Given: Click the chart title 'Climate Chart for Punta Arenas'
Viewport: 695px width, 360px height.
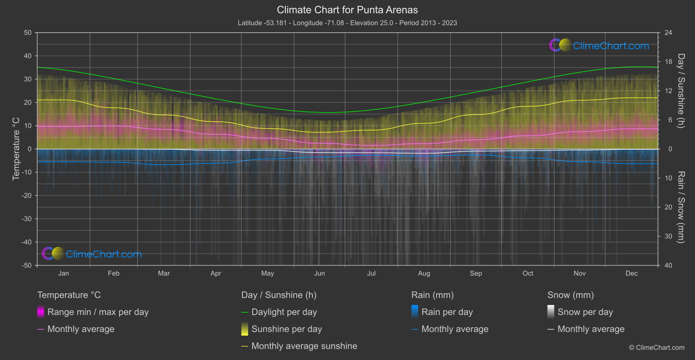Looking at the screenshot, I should tap(347, 10).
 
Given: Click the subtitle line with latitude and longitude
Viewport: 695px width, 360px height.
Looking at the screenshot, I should tap(347, 23).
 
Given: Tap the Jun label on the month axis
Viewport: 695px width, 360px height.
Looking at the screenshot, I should tap(319, 274).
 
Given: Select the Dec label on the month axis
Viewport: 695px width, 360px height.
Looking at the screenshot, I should tap(631, 274).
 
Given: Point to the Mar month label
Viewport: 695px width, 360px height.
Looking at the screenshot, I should tap(164, 274).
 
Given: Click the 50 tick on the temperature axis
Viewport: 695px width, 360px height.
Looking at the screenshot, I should tap(28, 33).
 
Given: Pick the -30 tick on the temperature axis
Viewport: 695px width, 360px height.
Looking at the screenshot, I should tap(27, 219).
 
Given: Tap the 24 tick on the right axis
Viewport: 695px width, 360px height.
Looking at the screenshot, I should tap(668, 33).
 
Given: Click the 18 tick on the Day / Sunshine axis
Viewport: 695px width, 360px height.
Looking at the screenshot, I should tap(668, 62).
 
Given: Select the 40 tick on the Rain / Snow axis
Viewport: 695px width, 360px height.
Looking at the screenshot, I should tap(668, 265).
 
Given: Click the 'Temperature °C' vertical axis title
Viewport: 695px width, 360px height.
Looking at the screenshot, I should tap(16, 149).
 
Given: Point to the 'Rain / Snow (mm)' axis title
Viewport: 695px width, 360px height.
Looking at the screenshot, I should tap(681, 207).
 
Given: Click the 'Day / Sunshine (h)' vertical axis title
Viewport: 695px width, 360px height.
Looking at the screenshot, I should tap(681, 91).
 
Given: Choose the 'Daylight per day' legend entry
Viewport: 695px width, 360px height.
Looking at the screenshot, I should tap(284, 312).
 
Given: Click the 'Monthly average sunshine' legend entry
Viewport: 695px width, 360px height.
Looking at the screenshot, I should tap(304, 346).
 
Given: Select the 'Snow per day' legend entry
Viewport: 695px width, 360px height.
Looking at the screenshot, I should tap(585, 312).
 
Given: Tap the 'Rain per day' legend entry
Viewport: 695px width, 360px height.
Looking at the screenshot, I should tap(447, 312).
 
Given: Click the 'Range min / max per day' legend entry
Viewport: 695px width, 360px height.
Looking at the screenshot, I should tap(98, 312).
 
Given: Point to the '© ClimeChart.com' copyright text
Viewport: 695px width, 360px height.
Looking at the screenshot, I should tap(657, 347).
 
